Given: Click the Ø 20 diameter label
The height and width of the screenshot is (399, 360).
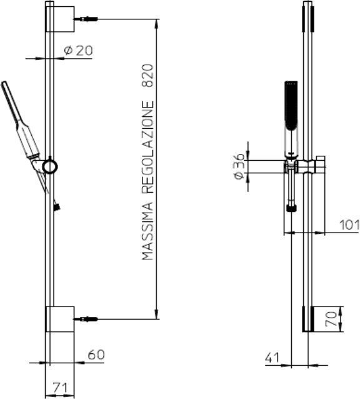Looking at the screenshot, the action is (x=79, y=51).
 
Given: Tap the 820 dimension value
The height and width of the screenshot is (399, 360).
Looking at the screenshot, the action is (x=148, y=76).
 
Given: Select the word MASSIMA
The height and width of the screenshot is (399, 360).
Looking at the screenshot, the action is (x=148, y=232).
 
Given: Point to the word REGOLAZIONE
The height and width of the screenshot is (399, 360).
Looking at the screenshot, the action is (x=148, y=148).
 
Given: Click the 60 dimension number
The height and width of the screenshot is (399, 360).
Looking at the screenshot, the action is (x=96, y=355).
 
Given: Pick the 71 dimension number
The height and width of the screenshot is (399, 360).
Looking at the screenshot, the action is (x=61, y=388).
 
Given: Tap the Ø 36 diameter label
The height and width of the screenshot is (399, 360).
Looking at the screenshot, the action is (x=239, y=166).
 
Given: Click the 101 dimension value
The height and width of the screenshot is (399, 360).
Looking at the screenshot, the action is (x=349, y=225).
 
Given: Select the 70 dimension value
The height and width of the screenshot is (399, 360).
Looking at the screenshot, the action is (x=331, y=319).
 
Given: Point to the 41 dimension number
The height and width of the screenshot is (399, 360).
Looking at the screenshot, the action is (x=272, y=358).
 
